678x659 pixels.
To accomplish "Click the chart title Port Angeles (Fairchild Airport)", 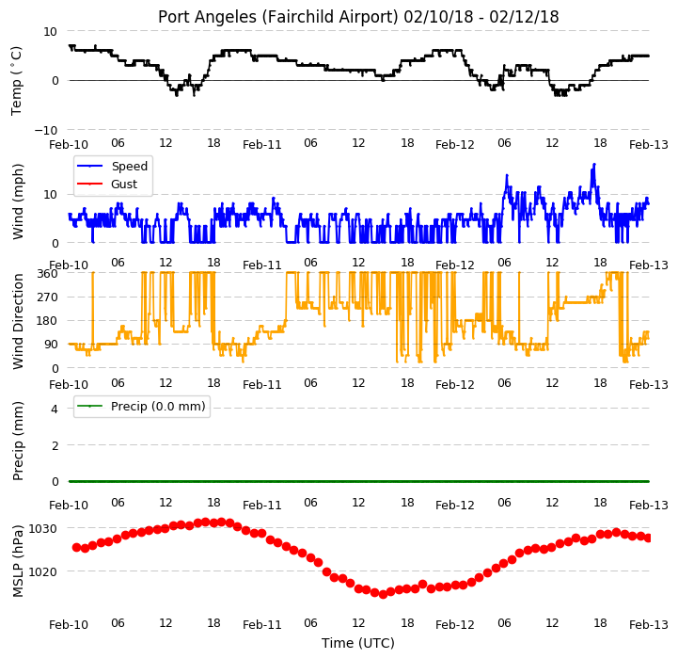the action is point(278,17).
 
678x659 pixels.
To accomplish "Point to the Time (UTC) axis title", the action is point(358,643).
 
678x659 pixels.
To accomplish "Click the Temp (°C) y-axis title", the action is point(16,81).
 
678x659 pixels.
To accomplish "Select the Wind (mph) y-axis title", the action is point(18,201).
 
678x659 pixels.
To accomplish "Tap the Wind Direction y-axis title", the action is point(18,321).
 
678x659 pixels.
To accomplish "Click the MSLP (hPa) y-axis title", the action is point(18,561).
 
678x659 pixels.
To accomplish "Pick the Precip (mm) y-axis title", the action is point(18,441).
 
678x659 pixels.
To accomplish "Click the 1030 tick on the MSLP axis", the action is point(42,529).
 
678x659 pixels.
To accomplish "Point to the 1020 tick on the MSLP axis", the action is point(42,572).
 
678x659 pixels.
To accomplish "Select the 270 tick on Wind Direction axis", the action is point(48,297).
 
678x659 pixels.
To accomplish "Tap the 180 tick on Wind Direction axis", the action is point(48,321).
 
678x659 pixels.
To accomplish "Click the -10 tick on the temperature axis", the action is point(45,130).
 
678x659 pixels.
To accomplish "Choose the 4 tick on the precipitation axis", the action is point(54,409).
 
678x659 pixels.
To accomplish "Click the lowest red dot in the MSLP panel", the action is point(383,594).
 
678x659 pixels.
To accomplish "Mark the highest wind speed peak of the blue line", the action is point(594,164).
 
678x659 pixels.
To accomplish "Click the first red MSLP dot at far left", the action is point(76,547).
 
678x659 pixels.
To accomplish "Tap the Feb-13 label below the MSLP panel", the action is point(648,625).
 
